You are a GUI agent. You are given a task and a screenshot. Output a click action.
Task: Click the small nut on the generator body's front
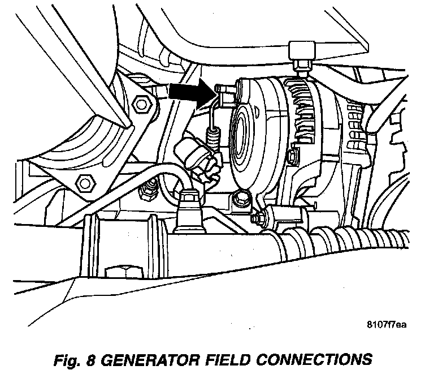pyautogui.click(x=292, y=154)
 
